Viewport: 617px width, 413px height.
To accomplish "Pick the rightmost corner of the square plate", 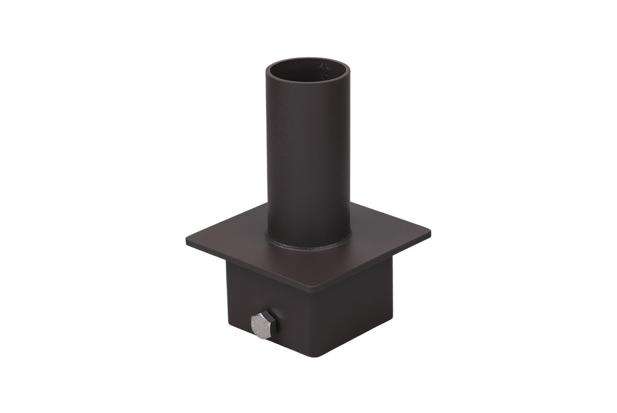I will pos(429,233).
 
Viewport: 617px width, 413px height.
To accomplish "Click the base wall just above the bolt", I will pos(263,299).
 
